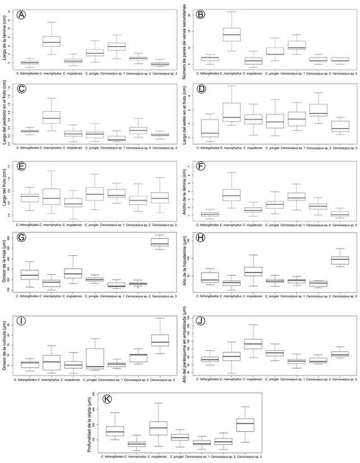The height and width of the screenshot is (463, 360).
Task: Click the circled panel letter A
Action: coord(21,14)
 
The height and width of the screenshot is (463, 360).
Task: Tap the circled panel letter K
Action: coord(108,400)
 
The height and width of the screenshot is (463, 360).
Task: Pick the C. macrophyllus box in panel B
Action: coord(232,35)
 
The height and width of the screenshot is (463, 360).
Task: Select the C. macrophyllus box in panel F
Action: coord(232,194)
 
